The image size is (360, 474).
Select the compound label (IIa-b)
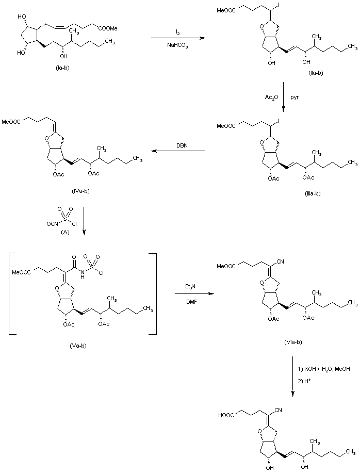pos(316,73)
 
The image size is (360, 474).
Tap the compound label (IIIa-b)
pos(312,193)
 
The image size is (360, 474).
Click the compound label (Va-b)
pos(78,346)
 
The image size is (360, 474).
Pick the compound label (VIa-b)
pos(293,342)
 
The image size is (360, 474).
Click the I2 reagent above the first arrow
pos(178,32)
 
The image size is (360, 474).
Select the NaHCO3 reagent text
pos(177,45)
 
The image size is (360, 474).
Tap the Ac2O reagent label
pos(271,97)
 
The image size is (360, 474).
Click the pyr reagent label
pos(294,98)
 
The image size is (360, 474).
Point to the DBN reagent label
pos(182,145)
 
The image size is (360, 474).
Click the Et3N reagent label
pos(190,286)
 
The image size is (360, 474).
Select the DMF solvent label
pos(191,301)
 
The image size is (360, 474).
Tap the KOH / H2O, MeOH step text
pos(324,369)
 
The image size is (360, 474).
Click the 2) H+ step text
pos(304,381)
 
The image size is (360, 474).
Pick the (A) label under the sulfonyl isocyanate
pos(65,232)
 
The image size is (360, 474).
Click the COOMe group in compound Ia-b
pos(108,28)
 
